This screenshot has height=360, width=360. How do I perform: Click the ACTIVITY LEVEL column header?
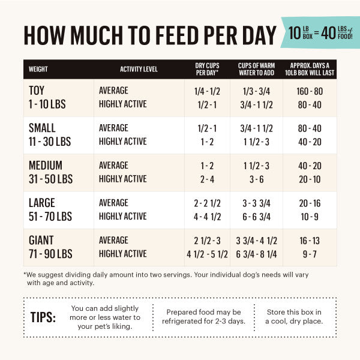tap(139, 69)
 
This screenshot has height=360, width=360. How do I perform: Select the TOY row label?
tap(37, 91)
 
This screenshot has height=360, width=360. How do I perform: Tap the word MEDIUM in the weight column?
tap(46, 166)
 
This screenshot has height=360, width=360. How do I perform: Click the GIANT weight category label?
tap(41, 241)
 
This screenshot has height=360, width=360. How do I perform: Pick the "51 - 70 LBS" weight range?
tap(50, 216)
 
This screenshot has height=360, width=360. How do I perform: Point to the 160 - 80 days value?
tap(310, 91)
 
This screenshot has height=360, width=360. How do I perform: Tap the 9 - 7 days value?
tap(310, 254)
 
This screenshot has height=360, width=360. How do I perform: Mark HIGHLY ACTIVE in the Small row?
tap(122, 142)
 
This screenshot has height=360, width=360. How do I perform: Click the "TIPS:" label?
tap(43, 317)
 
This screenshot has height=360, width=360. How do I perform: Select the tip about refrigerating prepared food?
tap(204, 317)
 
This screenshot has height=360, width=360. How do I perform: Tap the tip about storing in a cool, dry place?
tap(294, 317)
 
